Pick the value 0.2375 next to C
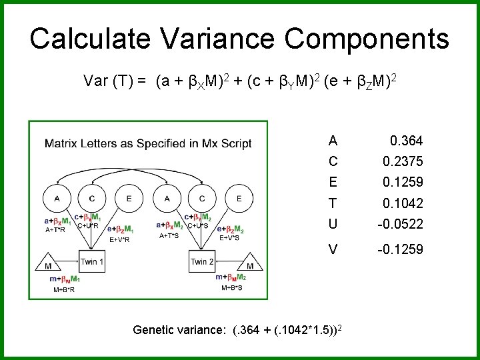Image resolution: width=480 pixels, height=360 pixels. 403,162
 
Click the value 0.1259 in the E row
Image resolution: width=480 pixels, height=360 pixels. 403,182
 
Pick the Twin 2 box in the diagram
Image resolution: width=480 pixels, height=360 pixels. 201,261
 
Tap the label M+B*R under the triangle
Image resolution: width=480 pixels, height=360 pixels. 65,290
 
